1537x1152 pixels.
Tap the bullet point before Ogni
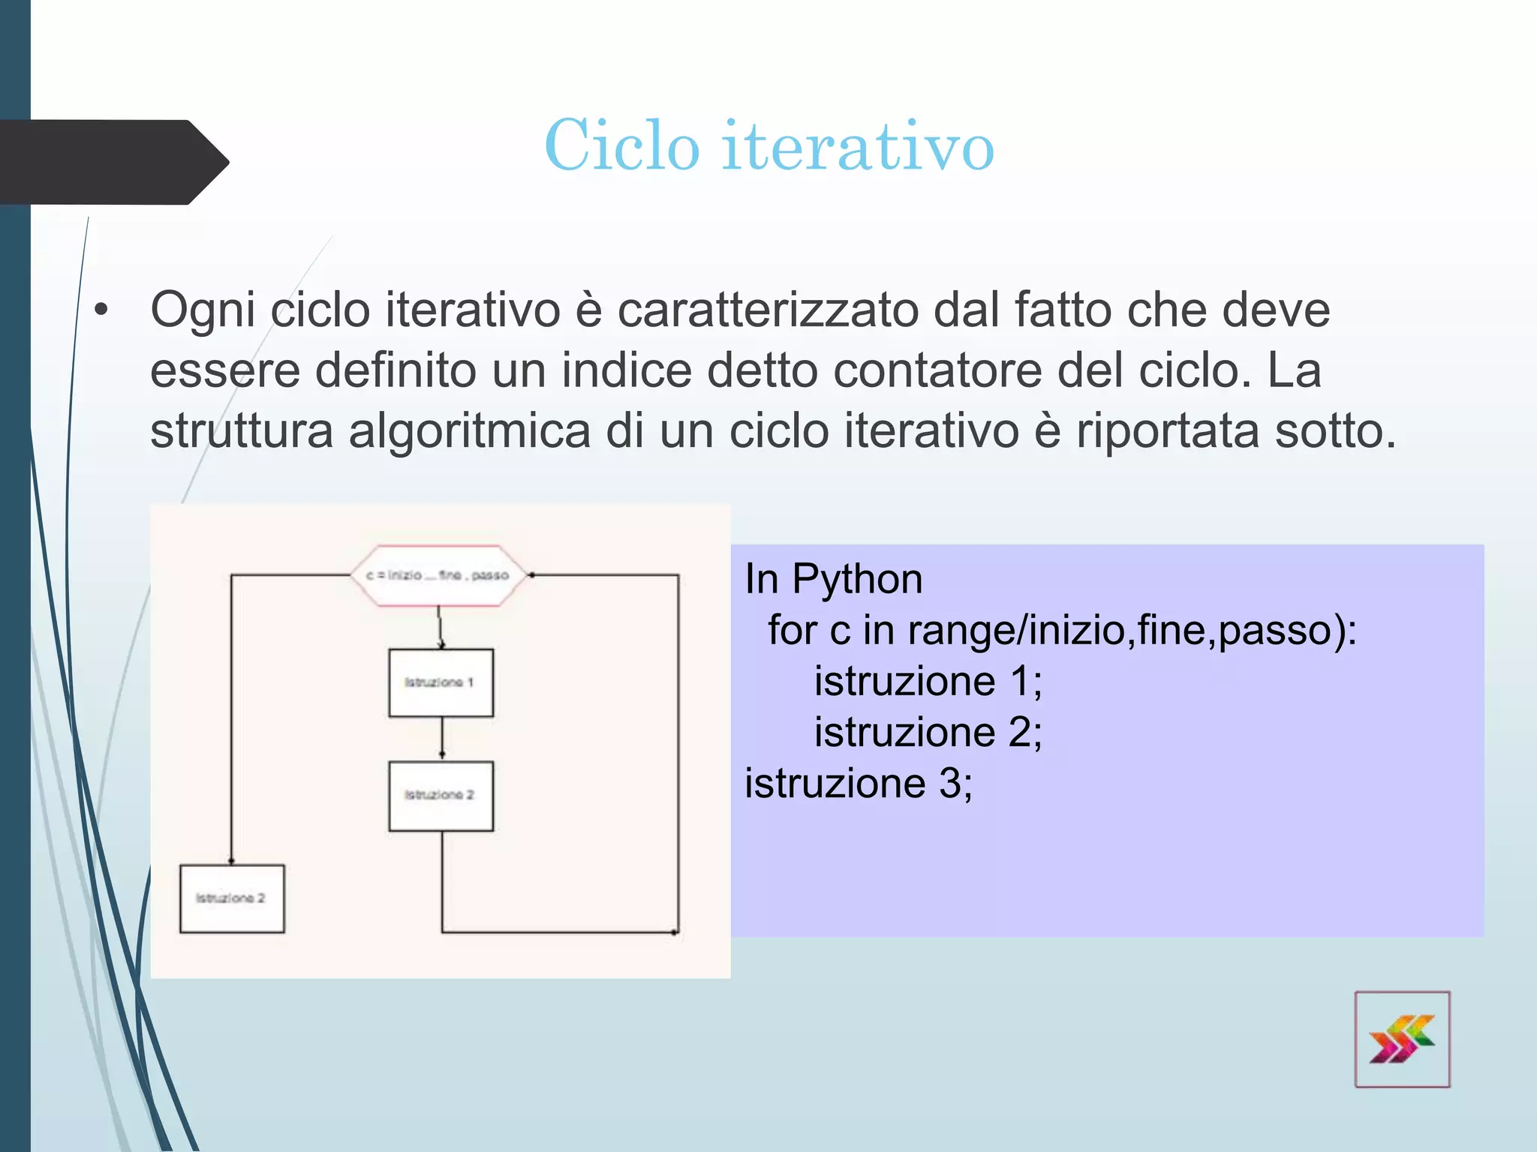coord(102,310)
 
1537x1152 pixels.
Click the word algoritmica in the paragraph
coord(470,431)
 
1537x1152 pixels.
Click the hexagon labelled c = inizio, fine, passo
coord(438,575)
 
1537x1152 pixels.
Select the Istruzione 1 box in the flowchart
coord(441,682)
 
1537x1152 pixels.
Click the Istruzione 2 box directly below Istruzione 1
coord(441,796)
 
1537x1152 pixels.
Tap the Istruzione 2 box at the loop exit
coord(232,898)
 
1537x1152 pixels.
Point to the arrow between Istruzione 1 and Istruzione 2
coord(442,739)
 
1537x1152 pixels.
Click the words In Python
coord(833,579)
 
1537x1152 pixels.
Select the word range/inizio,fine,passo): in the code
coord(1132,630)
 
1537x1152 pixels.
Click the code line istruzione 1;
coord(928,681)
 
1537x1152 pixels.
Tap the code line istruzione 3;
coord(858,783)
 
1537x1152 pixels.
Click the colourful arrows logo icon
coord(1402,1039)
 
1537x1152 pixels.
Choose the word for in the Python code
coord(792,630)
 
